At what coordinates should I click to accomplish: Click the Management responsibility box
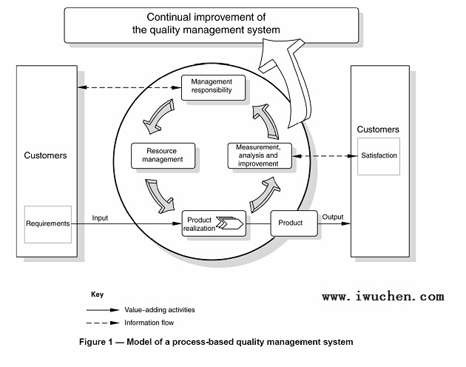click(x=212, y=87)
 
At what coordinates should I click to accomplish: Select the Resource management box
click(x=163, y=155)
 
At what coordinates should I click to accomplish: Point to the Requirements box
click(x=47, y=223)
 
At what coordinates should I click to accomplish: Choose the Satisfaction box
click(x=379, y=156)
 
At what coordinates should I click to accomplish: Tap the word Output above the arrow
click(x=333, y=217)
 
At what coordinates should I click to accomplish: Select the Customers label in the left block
click(x=46, y=155)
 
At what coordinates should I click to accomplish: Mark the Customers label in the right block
click(x=379, y=129)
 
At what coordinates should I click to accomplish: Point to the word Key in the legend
click(x=97, y=294)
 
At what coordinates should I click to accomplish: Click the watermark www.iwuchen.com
click(x=383, y=297)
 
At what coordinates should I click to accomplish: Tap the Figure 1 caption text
click(x=217, y=342)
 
